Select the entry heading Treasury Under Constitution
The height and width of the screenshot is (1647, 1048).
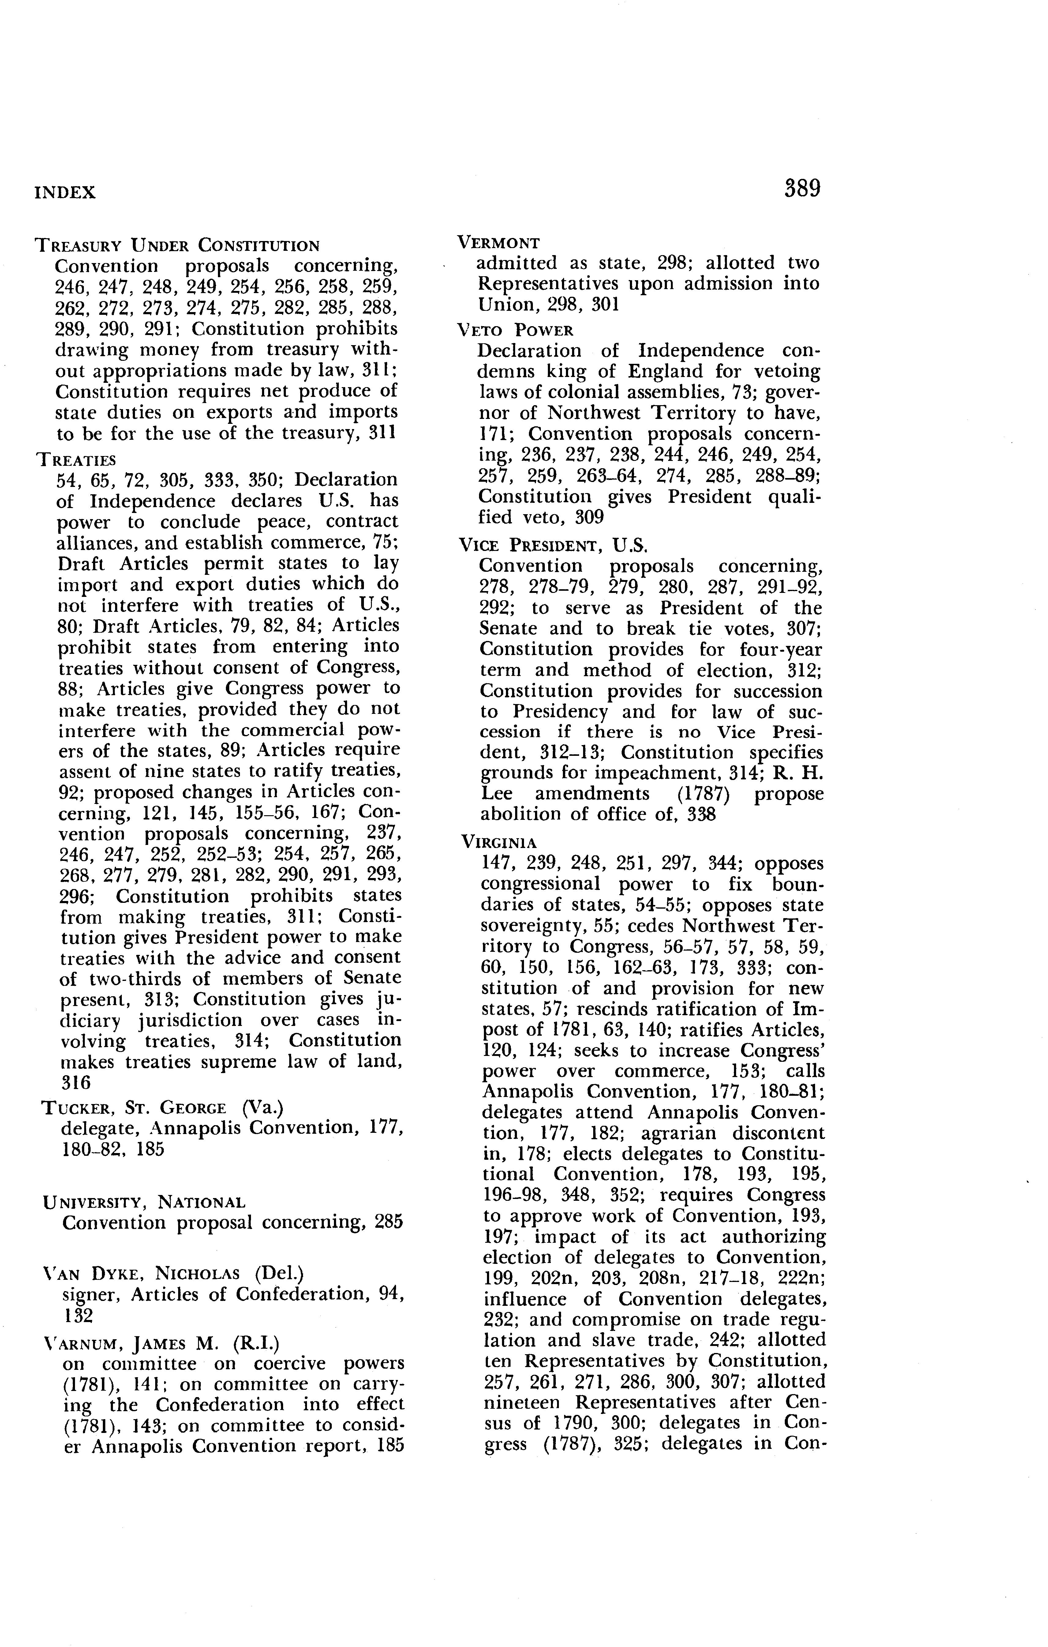(177, 245)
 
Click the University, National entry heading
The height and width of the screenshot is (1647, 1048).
(144, 1202)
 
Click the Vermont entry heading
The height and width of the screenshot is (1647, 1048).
(498, 243)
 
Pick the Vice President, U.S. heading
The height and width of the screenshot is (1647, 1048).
(553, 545)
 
